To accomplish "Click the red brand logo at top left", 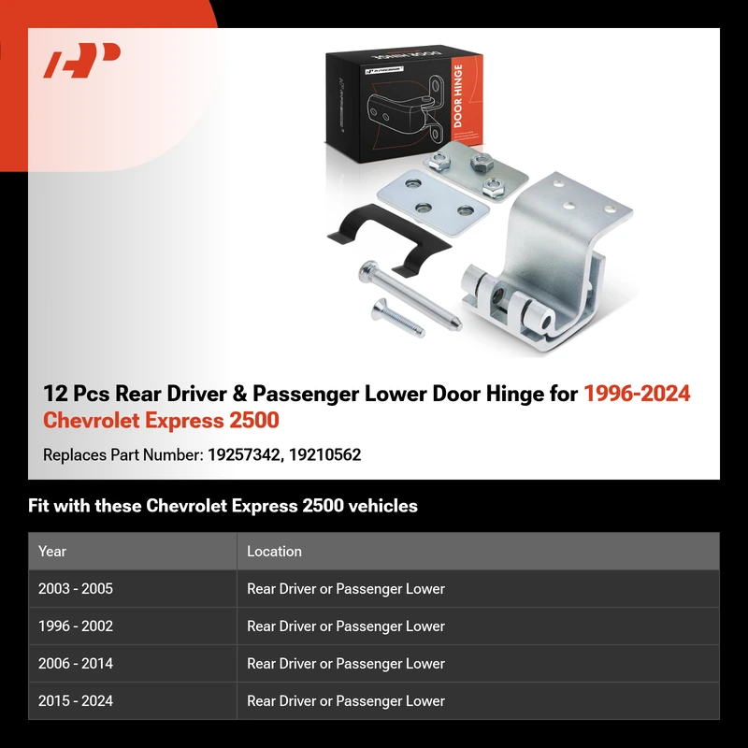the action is click(81, 60).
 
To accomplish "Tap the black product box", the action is click(404, 104).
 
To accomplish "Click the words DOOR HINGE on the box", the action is click(458, 96).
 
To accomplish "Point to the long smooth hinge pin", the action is click(410, 295).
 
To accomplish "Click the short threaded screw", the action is click(398, 317).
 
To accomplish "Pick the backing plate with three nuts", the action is click(476, 171).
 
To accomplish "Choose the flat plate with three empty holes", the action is click(433, 202).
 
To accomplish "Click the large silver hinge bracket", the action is click(547, 263).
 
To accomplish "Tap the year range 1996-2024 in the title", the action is click(637, 394).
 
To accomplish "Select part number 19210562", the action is click(324, 454).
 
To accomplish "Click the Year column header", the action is click(52, 551).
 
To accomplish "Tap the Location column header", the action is click(274, 551).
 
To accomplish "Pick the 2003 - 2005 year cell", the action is click(76, 589).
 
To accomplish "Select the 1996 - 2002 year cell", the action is click(76, 626).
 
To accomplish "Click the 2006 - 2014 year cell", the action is click(76, 664).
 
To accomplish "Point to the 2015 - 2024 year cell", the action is click(76, 700).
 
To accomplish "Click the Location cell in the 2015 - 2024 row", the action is click(346, 700).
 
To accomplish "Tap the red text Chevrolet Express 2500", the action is click(161, 420).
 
